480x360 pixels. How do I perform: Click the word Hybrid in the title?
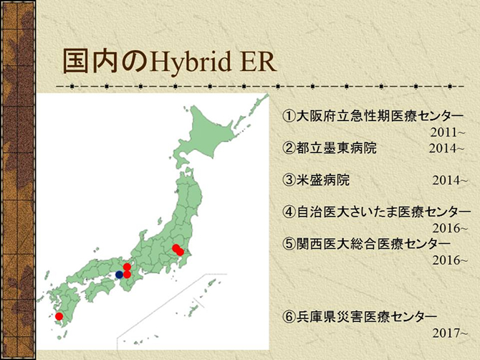pyautogui.click(x=190, y=62)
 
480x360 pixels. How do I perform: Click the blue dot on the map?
pyautogui.click(x=120, y=275)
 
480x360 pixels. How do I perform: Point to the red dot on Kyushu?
pyautogui.click(x=59, y=316)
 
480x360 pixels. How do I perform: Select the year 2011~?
pyautogui.click(x=448, y=133)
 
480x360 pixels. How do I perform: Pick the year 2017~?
pyautogui.click(x=450, y=333)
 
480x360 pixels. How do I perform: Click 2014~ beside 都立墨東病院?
pyautogui.click(x=446, y=148)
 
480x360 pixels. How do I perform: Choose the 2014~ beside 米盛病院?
pyautogui.click(x=450, y=181)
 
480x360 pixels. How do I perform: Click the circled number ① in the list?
pyautogui.click(x=289, y=116)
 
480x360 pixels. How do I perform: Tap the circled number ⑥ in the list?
pyautogui.click(x=289, y=317)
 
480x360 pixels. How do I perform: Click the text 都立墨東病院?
pyautogui.click(x=336, y=148)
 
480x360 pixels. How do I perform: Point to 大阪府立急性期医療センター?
pyautogui.click(x=380, y=116)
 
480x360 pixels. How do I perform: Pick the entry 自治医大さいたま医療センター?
pyautogui.click(x=383, y=212)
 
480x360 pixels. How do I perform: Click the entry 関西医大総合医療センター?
pyautogui.click(x=373, y=244)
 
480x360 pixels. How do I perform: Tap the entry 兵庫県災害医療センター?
pyautogui.click(x=366, y=317)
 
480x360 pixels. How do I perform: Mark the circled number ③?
pyautogui.click(x=289, y=180)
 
